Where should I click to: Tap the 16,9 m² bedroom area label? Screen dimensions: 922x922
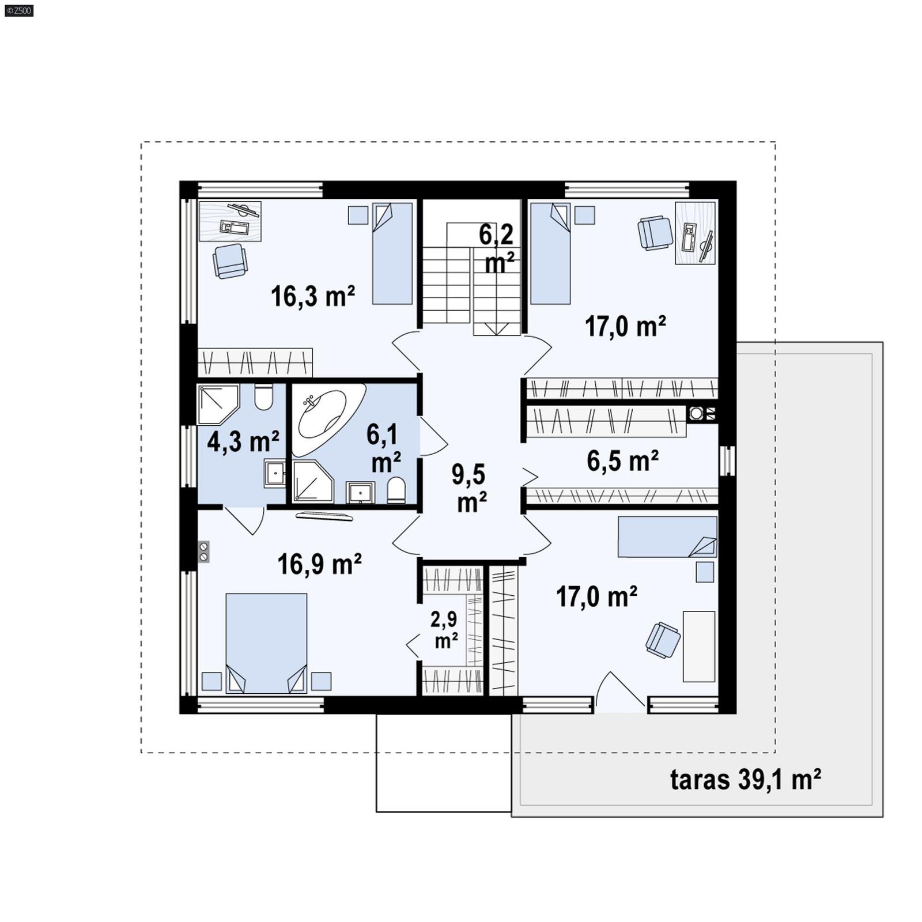coord(319,564)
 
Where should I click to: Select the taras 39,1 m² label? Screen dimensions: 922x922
coord(746,780)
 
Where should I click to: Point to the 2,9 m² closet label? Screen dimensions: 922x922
coord(444,630)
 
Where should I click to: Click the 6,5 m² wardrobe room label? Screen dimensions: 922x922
coord(623,461)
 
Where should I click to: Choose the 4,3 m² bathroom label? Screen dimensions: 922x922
coord(243,442)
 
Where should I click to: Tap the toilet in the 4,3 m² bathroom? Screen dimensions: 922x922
coord(263,396)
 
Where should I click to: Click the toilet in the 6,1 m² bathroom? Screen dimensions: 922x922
coord(396,490)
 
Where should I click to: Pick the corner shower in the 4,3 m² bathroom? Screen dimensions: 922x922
coord(217,405)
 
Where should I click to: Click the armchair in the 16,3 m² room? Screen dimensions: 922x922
coord(230,260)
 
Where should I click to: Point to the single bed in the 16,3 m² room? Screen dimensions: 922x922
coord(392,253)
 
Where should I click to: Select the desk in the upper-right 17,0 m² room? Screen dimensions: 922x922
coord(696,232)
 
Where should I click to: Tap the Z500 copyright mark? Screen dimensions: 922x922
coord(19,10)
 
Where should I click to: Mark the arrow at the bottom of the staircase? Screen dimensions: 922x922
coord(497,329)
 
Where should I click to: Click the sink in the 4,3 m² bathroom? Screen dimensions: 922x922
coord(275,474)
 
